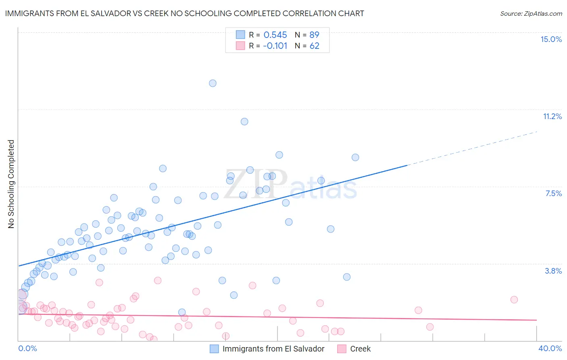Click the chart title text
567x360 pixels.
184,13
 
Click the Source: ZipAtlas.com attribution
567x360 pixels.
531,13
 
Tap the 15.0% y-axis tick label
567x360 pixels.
551,39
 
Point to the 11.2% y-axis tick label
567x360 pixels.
552,116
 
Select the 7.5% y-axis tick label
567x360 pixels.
553,193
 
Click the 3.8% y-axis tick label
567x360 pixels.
553,271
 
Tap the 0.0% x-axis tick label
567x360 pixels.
27,348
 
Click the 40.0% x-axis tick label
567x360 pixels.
550,348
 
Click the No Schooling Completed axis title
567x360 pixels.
11,184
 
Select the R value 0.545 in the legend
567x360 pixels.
275,35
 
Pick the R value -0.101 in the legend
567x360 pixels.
275,46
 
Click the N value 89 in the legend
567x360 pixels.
314,35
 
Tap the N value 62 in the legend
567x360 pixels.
314,46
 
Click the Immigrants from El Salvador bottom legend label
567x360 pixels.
273,349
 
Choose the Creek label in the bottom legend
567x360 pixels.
360,349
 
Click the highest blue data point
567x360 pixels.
213,83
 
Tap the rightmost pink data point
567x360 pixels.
514,299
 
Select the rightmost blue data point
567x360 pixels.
355,157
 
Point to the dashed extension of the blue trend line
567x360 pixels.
472,148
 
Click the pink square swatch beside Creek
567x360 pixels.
342,349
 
